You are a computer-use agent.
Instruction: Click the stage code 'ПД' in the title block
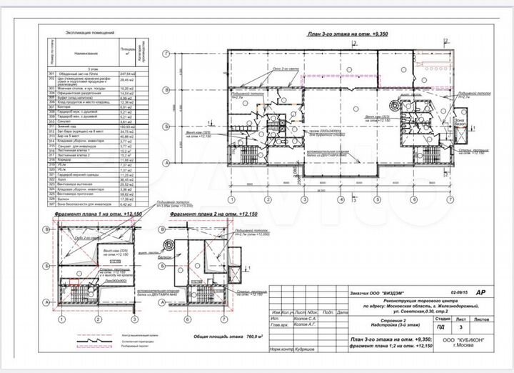coord(440,326)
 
